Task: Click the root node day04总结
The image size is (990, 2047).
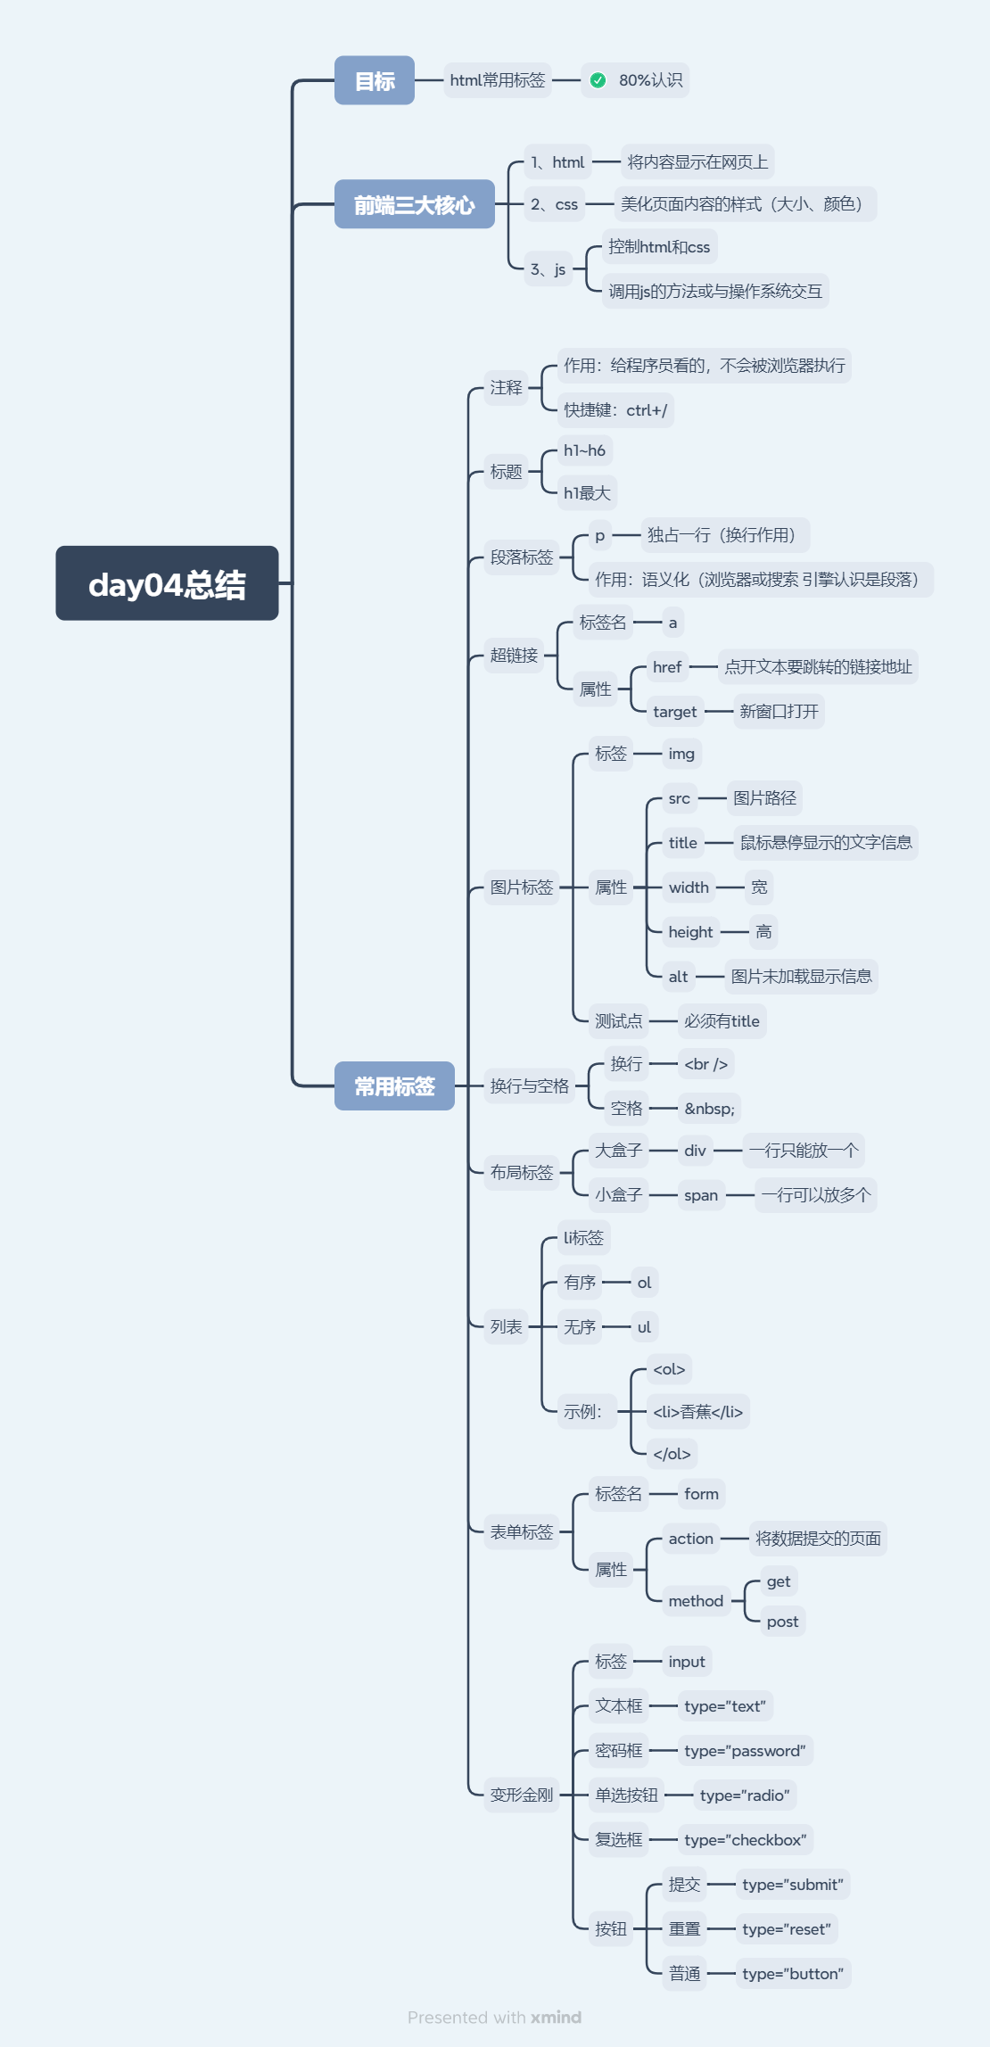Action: tap(167, 583)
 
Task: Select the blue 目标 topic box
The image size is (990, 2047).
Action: tap(375, 80)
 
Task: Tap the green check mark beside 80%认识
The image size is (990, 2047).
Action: tap(598, 80)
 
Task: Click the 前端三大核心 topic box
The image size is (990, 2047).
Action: tap(414, 204)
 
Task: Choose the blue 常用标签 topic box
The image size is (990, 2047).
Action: tap(394, 1085)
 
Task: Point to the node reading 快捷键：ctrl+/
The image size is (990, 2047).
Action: tap(615, 410)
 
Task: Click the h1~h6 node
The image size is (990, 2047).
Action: tap(584, 450)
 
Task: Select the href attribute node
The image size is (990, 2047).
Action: tap(667, 667)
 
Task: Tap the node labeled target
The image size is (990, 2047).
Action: tap(674, 712)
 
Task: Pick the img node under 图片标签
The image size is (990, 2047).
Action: tap(681, 754)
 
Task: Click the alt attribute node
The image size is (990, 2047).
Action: tap(678, 977)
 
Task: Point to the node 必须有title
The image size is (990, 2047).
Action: tap(722, 1021)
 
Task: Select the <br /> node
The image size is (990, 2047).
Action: tap(705, 1064)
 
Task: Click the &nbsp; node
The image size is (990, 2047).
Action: tap(709, 1109)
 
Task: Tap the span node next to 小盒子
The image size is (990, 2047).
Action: tap(701, 1195)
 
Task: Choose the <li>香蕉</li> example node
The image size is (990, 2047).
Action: tap(697, 1412)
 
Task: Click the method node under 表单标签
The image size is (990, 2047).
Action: tap(696, 1601)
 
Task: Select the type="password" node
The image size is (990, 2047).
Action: tap(745, 1751)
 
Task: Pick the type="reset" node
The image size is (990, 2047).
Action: tap(787, 1929)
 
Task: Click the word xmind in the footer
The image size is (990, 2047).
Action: tap(556, 2018)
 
